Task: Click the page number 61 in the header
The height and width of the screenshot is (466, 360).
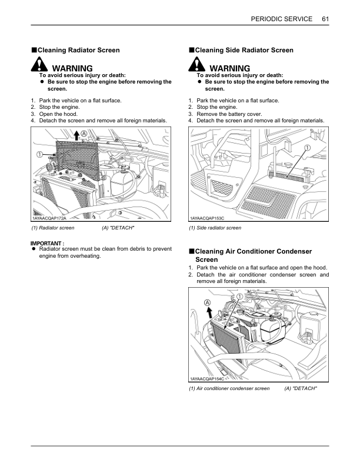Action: pyautogui.click(x=325, y=19)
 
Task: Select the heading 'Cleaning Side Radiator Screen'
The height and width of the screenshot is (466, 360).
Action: pyautogui.click(x=244, y=51)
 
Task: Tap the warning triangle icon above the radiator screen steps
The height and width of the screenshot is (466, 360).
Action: pyautogui.click(x=39, y=66)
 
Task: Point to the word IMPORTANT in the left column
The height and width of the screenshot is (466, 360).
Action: pyautogui.click(x=47, y=243)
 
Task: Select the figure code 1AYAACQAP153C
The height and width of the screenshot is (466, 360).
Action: pyautogui.click(x=208, y=218)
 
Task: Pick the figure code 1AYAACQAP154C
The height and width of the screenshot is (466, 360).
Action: pyautogui.click(x=208, y=379)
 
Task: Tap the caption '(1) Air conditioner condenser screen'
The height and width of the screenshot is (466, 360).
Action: pyautogui.click(x=229, y=389)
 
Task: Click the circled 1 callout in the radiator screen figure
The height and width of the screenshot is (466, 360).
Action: pyautogui.click(x=40, y=155)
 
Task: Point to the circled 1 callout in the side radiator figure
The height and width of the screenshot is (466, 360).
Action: pyautogui.click(x=307, y=149)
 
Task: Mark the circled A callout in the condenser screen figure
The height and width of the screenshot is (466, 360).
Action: pyautogui.click(x=208, y=302)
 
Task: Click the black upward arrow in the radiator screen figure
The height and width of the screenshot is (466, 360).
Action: pyautogui.click(x=76, y=137)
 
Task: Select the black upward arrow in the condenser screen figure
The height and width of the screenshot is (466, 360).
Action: pyautogui.click(x=208, y=312)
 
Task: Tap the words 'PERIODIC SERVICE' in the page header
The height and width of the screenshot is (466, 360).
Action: pyautogui.click(x=281, y=19)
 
